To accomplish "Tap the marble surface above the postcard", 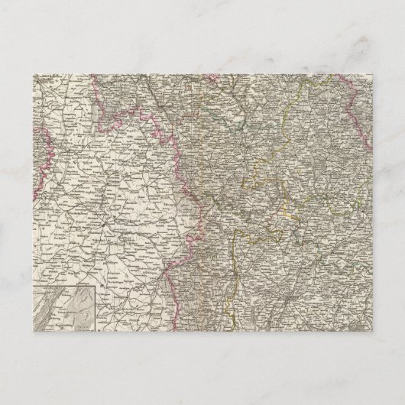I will point(202,38).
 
